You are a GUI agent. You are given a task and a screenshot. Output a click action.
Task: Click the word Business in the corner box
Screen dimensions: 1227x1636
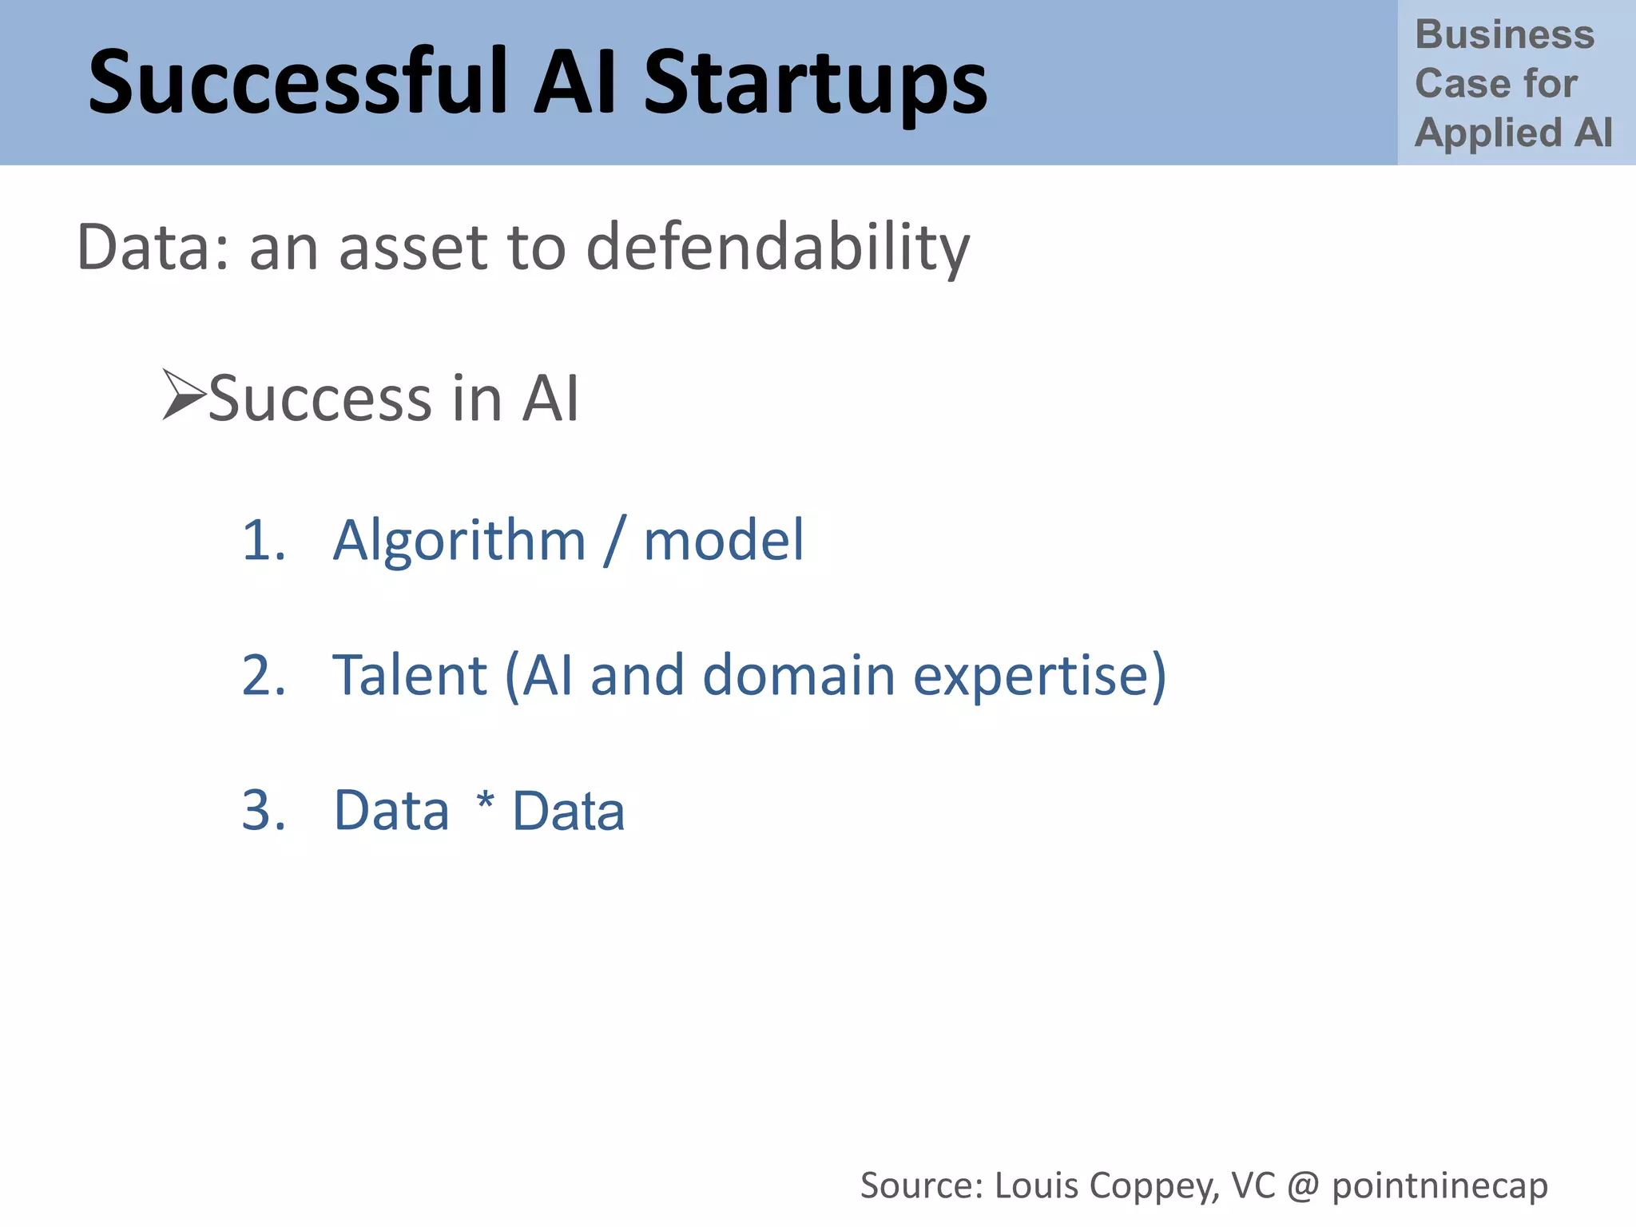click(x=1504, y=35)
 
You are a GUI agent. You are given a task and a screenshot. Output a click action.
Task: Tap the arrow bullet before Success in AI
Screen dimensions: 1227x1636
click(x=183, y=395)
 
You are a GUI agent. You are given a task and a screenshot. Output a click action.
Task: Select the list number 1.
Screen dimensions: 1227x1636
click(x=263, y=540)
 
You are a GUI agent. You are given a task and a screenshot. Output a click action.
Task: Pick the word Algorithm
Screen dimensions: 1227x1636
click(x=459, y=542)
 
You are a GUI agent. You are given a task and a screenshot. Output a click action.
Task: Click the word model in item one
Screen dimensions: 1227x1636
click(x=724, y=540)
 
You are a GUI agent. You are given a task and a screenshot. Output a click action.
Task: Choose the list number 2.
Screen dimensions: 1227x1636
click(x=264, y=675)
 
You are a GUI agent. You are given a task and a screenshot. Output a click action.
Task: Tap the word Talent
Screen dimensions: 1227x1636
click(x=410, y=675)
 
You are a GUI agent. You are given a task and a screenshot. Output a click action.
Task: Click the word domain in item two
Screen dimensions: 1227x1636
click(x=799, y=675)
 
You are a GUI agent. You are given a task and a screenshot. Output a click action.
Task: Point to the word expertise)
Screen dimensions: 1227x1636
click(x=1039, y=677)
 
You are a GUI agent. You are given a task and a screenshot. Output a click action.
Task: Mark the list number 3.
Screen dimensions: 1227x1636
click(x=264, y=810)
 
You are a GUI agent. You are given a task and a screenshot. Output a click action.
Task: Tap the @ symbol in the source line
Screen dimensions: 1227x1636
click(x=1303, y=1186)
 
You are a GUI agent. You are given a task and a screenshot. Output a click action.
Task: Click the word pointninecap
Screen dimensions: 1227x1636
click(x=1439, y=1186)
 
